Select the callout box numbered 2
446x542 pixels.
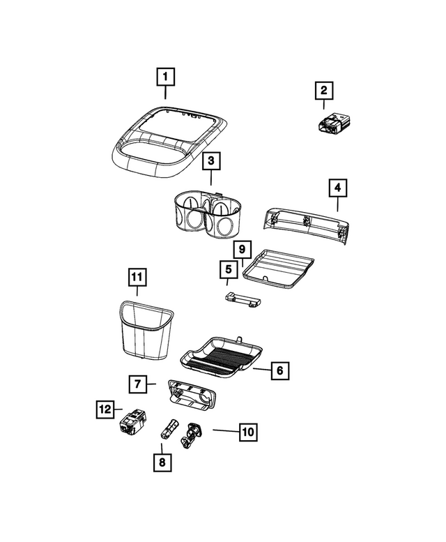point(324,91)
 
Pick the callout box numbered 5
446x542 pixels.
point(226,269)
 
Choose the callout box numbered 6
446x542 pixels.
point(279,370)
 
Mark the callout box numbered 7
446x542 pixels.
point(138,384)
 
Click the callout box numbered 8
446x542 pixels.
point(162,461)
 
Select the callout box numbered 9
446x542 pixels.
point(241,249)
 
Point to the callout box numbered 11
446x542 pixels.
point(137,278)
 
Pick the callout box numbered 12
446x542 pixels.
point(105,410)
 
